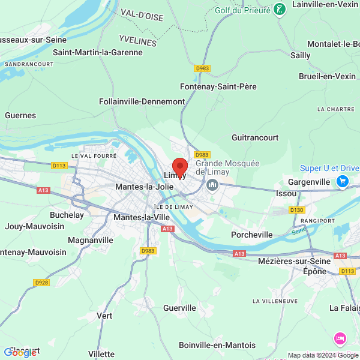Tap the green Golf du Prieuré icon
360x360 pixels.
point(279,9)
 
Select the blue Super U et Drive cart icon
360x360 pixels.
point(343,181)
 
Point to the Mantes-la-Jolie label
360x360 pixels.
point(144,187)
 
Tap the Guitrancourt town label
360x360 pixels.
point(255,137)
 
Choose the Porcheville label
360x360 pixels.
point(253,235)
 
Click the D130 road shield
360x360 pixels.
point(296,210)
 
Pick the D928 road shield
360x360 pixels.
point(41,283)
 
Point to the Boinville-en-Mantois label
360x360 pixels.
point(217,345)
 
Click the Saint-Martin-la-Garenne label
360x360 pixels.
point(98,52)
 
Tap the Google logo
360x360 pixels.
point(20,352)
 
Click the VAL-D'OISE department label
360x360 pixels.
point(142,14)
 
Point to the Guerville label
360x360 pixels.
point(179,308)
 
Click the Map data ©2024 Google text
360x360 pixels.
point(322,355)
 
